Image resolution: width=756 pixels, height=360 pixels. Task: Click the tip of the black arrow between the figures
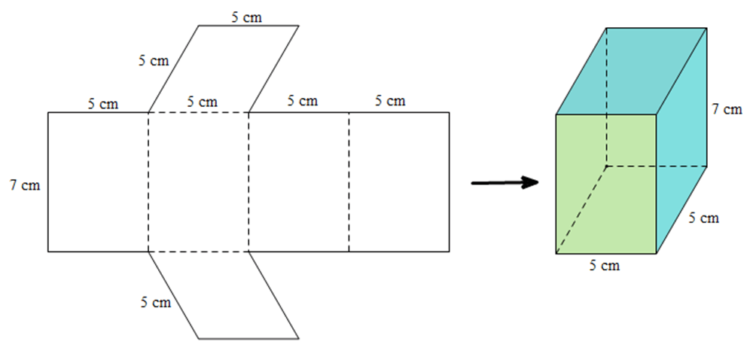pyautogui.click(x=538, y=182)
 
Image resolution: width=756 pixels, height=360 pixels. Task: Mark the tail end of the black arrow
pyautogui.click(x=472, y=184)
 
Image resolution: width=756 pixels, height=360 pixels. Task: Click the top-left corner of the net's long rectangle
pyautogui.click(x=47, y=112)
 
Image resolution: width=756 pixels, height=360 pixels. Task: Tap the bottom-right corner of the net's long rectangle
pyautogui.click(x=450, y=252)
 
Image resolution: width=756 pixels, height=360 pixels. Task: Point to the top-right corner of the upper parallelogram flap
pyautogui.click(x=299, y=26)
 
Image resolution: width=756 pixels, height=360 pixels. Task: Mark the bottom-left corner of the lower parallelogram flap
pyautogui.click(x=199, y=339)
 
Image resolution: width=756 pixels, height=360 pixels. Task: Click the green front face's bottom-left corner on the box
pyautogui.click(x=556, y=254)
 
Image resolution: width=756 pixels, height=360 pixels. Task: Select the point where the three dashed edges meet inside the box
pyautogui.click(x=607, y=166)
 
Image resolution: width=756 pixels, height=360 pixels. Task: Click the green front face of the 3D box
pyautogui.click(x=606, y=184)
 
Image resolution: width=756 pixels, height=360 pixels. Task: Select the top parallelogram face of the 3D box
pyautogui.click(x=632, y=72)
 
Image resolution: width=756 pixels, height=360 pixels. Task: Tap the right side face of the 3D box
pyautogui.click(x=681, y=141)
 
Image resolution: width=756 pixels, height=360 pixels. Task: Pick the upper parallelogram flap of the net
pyautogui.click(x=224, y=69)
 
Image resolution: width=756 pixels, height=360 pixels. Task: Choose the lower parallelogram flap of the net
pyautogui.click(x=224, y=295)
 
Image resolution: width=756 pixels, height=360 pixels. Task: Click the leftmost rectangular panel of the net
pyautogui.click(x=98, y=182)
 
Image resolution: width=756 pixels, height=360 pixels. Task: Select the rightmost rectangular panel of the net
pyautogui.click(x=399, y=182)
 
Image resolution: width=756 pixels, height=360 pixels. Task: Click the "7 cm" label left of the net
pyautogui.click(x=25, y=185)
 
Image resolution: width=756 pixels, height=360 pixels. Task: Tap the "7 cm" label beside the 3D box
pyautogui.click(x=727, y=109)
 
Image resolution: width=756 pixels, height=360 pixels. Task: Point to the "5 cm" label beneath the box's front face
pyautogui.click(x=605, y=265)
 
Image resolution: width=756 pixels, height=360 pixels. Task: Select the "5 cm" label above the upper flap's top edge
pyautogui.click(x=247, y=17)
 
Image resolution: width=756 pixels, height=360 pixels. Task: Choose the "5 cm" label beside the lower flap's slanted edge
pyautogui.click(x=156, y=302)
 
